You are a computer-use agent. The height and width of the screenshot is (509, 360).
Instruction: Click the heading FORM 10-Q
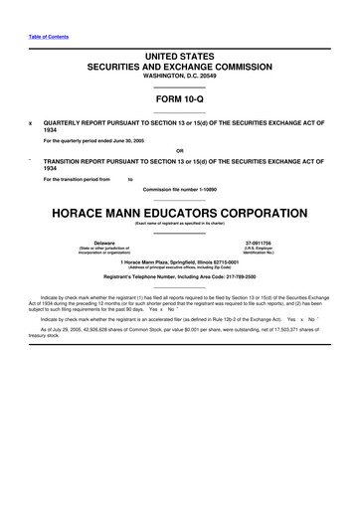click(x=180, y=100)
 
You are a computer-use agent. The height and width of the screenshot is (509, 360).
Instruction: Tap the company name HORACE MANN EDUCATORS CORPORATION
click(x=180, y=213)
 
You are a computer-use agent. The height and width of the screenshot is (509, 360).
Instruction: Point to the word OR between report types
click(x=180, y=150)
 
